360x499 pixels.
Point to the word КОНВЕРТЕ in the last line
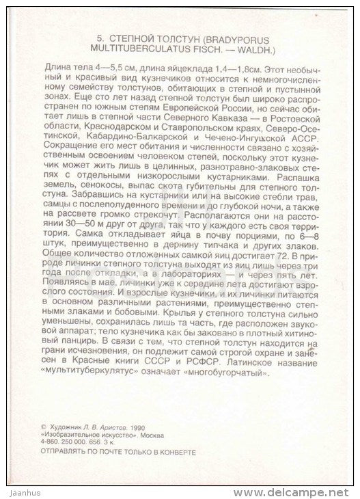tap(177, 450)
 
